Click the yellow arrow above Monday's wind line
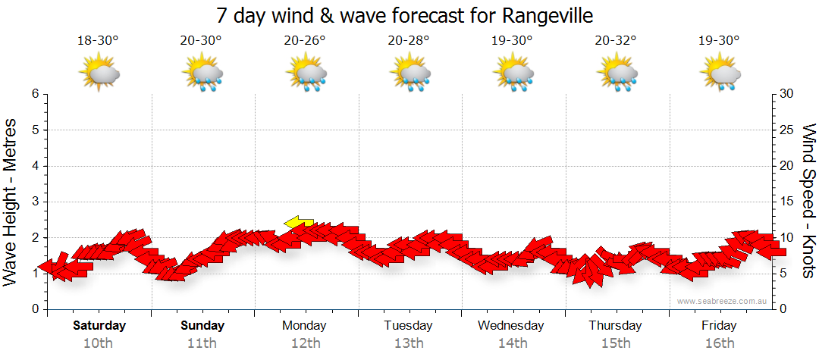(x=299, y=222)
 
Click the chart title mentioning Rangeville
(x=404, y=15)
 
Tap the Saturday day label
(x=99, y=326)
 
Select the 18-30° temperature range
(x=98, y=41)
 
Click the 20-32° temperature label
(x=616, y=41)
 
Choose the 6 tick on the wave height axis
(x=34, y=94)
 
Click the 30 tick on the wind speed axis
(x=787, y=94)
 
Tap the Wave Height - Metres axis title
(x=11, y=202)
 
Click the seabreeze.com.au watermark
(x=723, y=301)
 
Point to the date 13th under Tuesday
(x=409, y=343)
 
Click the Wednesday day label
(x=510, y=326)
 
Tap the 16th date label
(x=719, y=343)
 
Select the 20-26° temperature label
(x=305, y=41)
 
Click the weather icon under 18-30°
(x=99, y=74)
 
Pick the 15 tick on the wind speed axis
(x=787, y=202)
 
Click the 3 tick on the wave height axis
(x=34, y=202)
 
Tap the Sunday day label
(x=202, y=326)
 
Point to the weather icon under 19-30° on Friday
(x=720, y=74)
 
